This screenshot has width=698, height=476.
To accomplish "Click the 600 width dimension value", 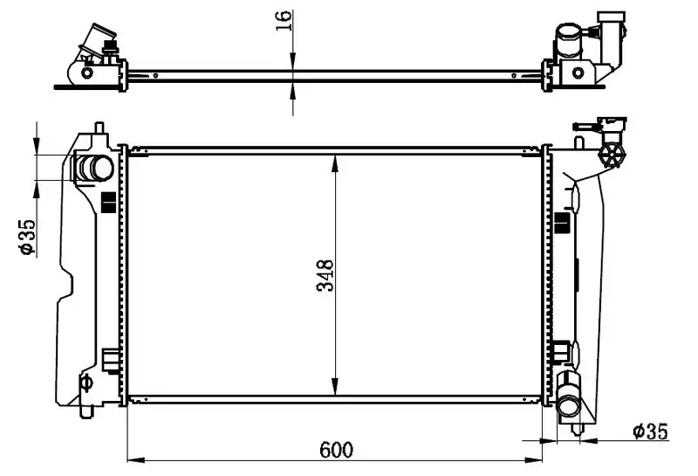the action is pyautogui.click(x=336, y=450).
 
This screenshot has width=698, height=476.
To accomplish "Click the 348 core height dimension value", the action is pyautogui.click(x=325, y=275).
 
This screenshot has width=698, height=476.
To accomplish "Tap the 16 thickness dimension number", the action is pyautogui.click(x=284, y=20).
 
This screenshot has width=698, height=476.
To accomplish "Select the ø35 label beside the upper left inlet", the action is pyautogui.click(x=27, y=237).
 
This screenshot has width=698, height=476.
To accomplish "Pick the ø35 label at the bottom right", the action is pyautogui.click(x=651, y=431).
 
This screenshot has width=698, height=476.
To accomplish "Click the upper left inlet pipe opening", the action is pyautogui.click(x=102, y=168).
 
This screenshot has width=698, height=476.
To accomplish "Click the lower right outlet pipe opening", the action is pyautogui.click(x=569, y=405).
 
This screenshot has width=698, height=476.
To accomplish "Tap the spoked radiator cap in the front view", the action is pyautogui.click(x=612, y=155).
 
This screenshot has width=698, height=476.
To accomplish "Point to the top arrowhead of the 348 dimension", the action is pyautogui.click(x=335, y=163).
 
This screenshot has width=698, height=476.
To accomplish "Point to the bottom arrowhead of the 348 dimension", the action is pyautogui.click(x=335, y=386).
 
